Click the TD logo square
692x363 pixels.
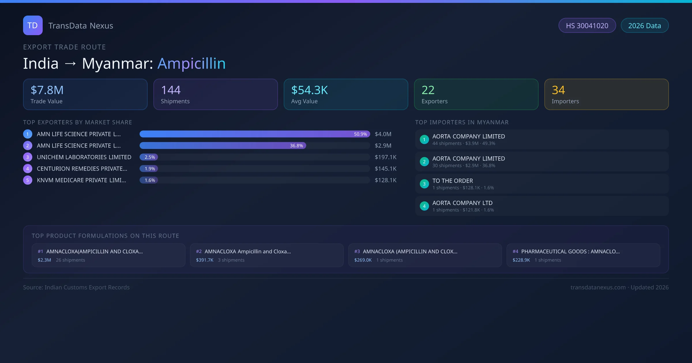(33, 25)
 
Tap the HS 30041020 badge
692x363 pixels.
(587, 26)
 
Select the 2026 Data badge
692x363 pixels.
(644, 26)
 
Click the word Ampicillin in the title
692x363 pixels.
(191, 63)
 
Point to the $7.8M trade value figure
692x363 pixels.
(47, 90)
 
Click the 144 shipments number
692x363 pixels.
(171, 90)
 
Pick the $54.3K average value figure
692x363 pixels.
(309, 90)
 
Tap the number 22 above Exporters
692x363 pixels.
(428, 90)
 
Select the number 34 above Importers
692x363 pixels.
(558, 90)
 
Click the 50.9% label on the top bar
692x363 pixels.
(360, 134)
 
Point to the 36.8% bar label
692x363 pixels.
(296, 145)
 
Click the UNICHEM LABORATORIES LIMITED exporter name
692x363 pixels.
(84, 157)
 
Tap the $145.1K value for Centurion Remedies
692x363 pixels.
(386, 169)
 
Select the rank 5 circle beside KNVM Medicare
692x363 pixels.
(28, 180)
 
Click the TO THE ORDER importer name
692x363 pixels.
(453, 181)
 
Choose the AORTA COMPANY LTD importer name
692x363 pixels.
(462, 203)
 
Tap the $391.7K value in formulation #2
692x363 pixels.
(205, 260)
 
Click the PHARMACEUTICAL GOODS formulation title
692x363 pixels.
(570, 251)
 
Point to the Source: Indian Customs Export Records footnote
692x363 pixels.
(76, 287)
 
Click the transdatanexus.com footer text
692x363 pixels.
(598, 287)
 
